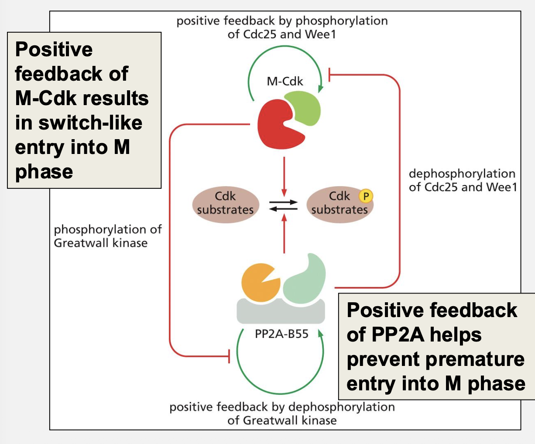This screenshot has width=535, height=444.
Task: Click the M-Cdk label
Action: point(285,81)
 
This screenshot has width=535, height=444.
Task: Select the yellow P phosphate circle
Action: point(366,196)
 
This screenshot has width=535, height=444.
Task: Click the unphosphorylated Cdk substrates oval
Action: point(225,203)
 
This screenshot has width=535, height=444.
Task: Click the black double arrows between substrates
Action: point(283,205)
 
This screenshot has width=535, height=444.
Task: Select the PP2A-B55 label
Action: point(281,334)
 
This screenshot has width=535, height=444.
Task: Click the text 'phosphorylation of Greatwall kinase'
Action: point(107,236)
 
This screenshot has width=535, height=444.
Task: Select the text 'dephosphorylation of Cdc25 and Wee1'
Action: point(462,180)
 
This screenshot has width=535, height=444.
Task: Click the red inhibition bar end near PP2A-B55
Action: point(230,356)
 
